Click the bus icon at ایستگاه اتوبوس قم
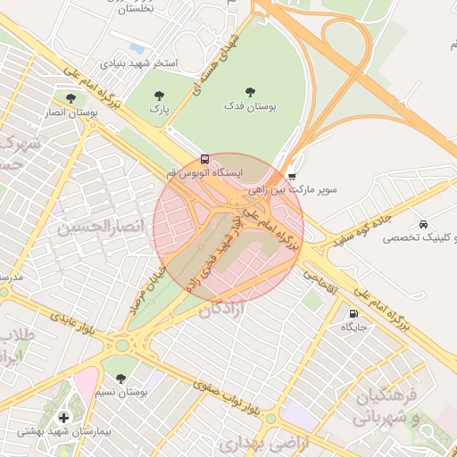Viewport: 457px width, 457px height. click(206, 159)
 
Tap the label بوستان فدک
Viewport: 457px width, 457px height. click(249, 106)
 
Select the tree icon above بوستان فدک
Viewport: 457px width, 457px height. click(249, 91)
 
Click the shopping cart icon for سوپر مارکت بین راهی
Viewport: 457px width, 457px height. click(292, 176)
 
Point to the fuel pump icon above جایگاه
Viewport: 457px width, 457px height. click(353, 313)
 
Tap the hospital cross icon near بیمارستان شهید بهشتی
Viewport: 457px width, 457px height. click(63, 417)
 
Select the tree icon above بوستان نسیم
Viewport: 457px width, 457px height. click(121, 378)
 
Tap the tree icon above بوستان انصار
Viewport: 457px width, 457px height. click(70, 97)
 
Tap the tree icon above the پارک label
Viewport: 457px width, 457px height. click(159, 95)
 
